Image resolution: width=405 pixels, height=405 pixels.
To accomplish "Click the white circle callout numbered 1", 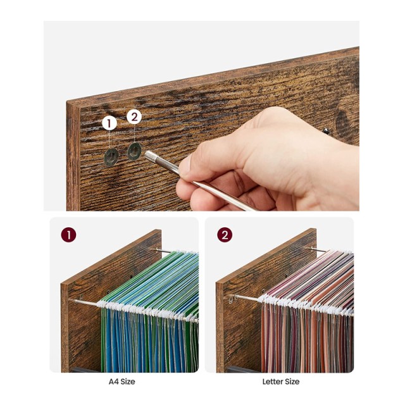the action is [x=109, y=123].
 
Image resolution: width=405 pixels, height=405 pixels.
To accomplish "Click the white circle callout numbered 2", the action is [x=134, y=117].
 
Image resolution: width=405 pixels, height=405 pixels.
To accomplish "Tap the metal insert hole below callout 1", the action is [x=111, y=156].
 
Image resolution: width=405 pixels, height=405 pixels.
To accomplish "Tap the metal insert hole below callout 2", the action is [x=134, y=151].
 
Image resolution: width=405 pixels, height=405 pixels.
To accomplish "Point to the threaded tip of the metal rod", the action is [x=151, y=156].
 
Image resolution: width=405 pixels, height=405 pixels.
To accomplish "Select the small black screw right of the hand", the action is [x=327, y=130].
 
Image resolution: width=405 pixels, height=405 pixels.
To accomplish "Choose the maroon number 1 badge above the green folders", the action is [x=68, y=235].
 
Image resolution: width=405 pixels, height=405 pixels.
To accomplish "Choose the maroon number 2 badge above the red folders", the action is [x=225, y=235].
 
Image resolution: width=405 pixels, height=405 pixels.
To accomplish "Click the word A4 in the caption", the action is [x=113, y=382].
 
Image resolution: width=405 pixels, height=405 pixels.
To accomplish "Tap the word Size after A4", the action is [x=127, y=382].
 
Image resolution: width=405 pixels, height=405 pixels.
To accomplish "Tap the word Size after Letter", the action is [x=291, y=382].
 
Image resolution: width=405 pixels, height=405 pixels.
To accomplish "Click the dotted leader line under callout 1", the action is [x=109, y=139].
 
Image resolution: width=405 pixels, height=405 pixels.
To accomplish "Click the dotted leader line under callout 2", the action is [x=134, y=134].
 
